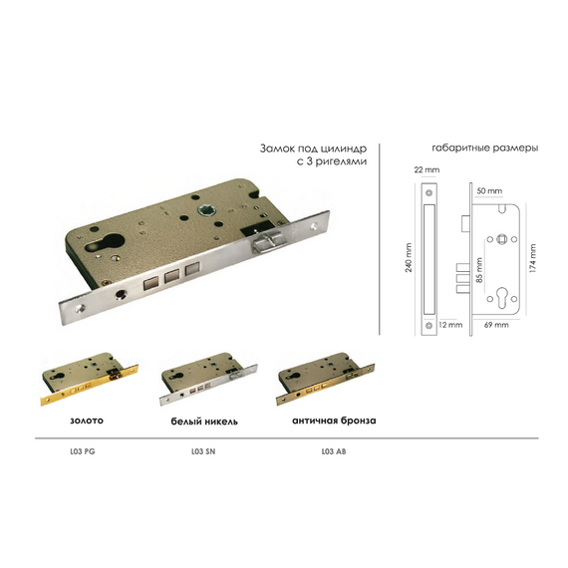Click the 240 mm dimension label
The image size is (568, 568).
pyautogui.click(x=409, y=257)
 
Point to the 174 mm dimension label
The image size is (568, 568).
pyautogui.click(x=532, y=258)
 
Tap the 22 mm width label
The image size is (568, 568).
pyautogui.click(x=426, y=169)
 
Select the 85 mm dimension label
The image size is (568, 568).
pyautogui.click(x=479, y=270)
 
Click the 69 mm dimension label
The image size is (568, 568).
pyautogui.click(x=496, y=325)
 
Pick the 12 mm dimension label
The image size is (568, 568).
pyautogui.click(x=450, y=325)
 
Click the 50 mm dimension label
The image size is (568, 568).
pyautogui.click(x=489, y=191)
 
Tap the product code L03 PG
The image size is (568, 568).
pyautogui.click(x=83, y=451)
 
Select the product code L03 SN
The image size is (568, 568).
pyautogui.click(x=203, y=451)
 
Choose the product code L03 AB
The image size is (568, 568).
pyautogui.click(x=334, y=451)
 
